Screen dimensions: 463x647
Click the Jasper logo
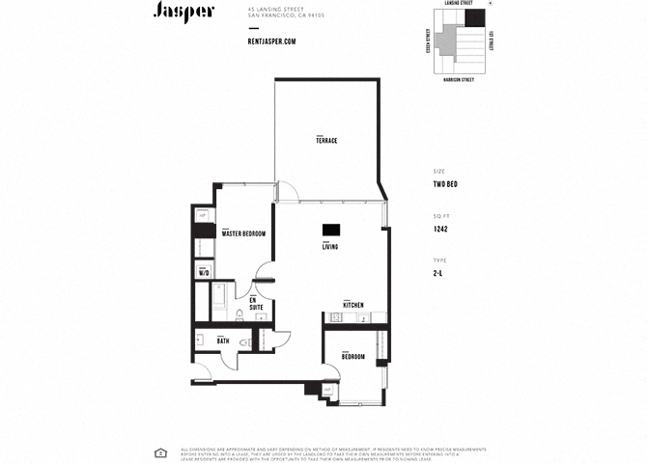pyautogui.click(x=183, y=12)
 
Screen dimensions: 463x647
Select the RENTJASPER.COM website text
pyautogui.click(x=271, y=41)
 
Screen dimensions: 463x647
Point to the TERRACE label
pyautogui.click(x=326, y=141)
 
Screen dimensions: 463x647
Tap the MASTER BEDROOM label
pyautogui.click(x=243, y=233)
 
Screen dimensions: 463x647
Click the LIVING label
pyautogui.click(x=330, y=247)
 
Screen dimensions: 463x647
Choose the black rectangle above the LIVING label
pyautogui.click(x=331, y=230)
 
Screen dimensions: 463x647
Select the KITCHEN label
pyautogui.click(x=352, y=305)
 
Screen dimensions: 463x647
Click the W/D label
pyautogui.click(x=204, y=273)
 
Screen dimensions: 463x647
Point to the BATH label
pyautogui.click(x=222, y=340)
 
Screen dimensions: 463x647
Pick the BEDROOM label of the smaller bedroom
pyautogui.click(x=352, y=357)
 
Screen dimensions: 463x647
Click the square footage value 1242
pyautogui.click(x=440, y=230)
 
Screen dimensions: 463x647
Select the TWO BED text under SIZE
pyautogui.click(x=445, y=183)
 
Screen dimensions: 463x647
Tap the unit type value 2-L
pyautogui.click(x=438, y=275)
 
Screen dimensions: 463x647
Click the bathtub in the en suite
pyautogui.click(x=219, y=301)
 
